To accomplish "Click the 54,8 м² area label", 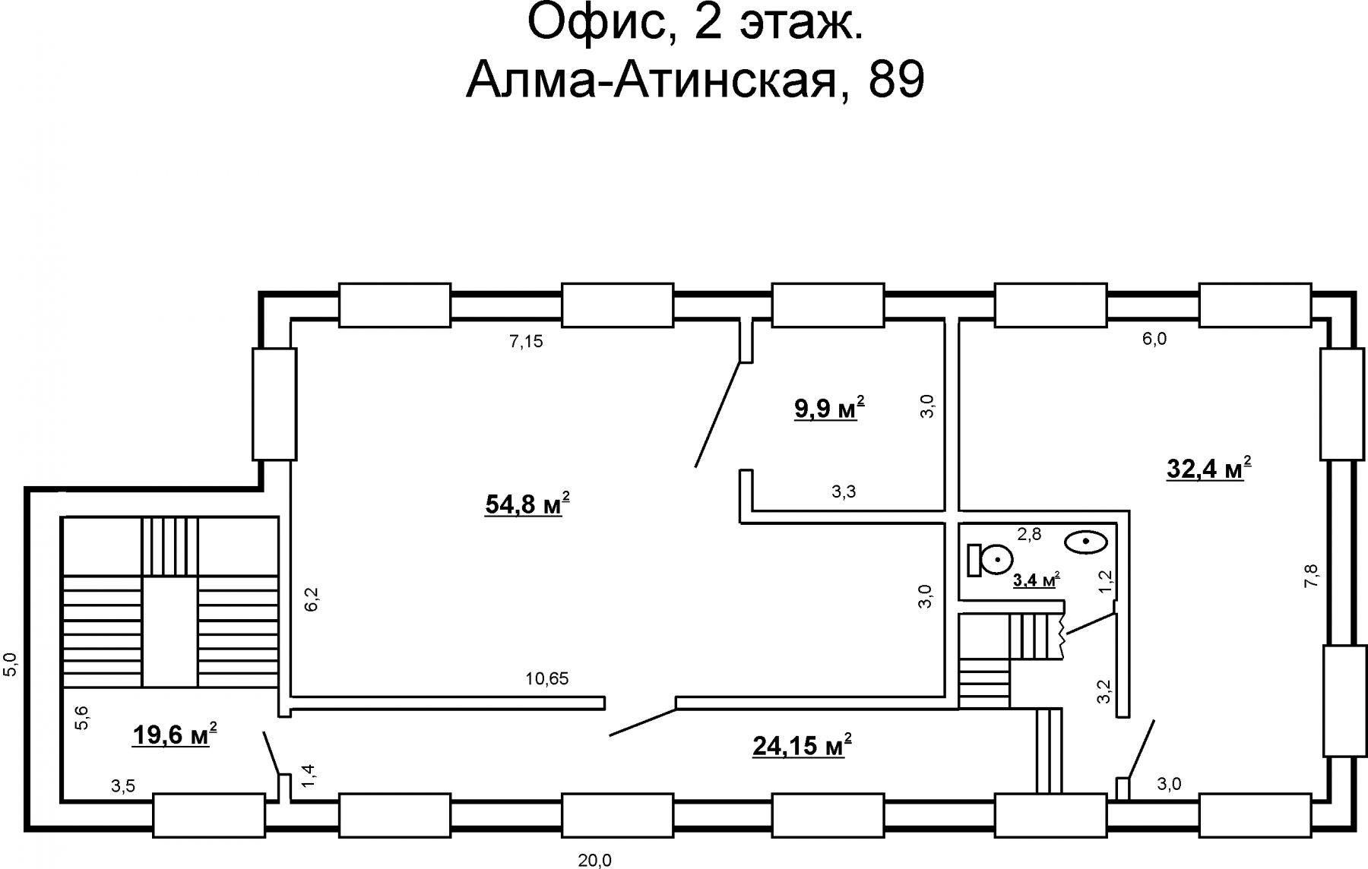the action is [x=527, y=504].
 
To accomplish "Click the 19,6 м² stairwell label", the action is [x=176, y=734].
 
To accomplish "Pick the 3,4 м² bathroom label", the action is [x=1037, y=580].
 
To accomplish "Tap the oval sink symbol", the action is [x=1086, y=542].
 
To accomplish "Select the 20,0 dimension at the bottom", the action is [x=594, y=861].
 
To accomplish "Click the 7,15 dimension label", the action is [x=526, y=342].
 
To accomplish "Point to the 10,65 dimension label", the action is [x=547, y=678].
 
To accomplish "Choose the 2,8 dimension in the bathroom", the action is [x=1029, y=534].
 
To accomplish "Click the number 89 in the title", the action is [x=896, y=81].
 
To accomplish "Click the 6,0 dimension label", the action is [x=1154, y=340].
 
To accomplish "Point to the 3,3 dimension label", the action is [x=844, y=491].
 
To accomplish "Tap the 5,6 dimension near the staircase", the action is [x=81, y=718].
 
